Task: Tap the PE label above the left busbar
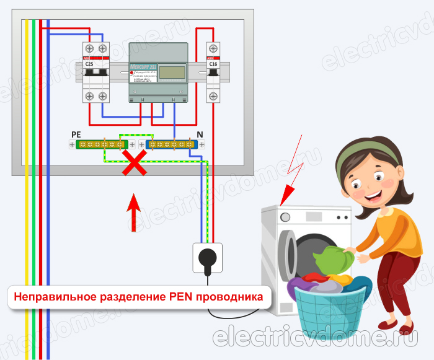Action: (76, 134)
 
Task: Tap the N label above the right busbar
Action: (200, 134)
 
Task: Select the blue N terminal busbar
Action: (172, 144)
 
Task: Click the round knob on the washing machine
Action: (285, 217)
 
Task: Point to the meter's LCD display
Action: (172, 72)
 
